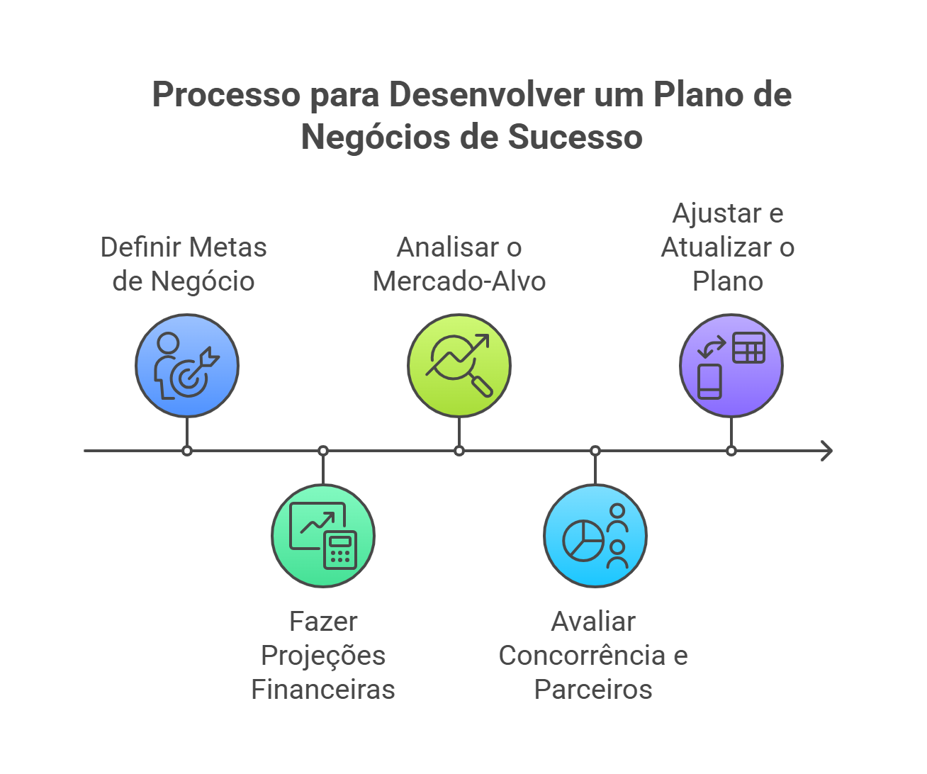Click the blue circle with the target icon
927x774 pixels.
187,366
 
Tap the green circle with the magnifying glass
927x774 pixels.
459,366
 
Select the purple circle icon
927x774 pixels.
731,366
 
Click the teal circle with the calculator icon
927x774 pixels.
323,536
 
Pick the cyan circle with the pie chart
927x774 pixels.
595,536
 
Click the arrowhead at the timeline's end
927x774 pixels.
826,451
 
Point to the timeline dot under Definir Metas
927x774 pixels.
187,451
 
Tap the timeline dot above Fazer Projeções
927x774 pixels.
323,451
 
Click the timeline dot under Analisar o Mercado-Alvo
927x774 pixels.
459,451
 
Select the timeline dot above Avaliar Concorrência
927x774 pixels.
595,451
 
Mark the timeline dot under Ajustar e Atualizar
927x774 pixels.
731,451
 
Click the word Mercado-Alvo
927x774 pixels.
459,281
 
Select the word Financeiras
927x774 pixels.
323,689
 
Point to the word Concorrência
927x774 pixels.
582,656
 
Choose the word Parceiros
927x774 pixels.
593,689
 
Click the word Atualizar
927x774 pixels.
717,247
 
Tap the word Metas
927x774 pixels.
230,247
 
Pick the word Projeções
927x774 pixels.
323,656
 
